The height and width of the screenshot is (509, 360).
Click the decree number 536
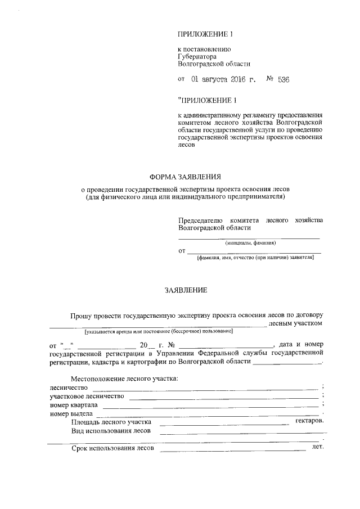(x=283, y=80)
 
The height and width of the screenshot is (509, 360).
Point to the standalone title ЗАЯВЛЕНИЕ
(x=185, y=291)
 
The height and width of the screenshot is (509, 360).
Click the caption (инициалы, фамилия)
(x=250, y=243)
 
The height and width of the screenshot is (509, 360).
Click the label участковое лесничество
(x=87, y=396)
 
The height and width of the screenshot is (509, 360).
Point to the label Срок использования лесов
(x=112, y=449)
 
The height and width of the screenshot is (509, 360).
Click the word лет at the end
(x=318, y=448)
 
